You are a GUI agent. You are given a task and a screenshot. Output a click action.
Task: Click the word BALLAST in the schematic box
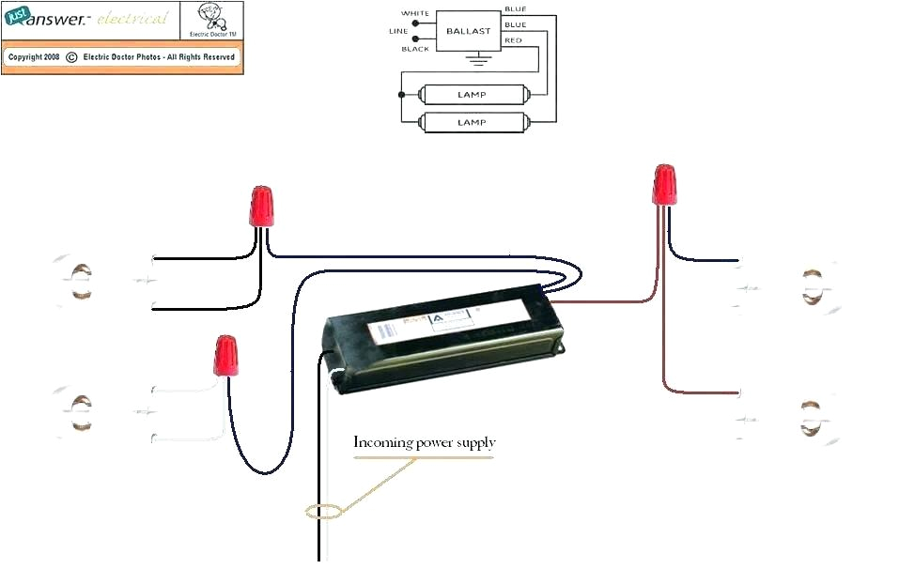pos(468,31)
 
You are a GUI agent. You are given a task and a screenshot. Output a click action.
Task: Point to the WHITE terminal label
pos(415,13)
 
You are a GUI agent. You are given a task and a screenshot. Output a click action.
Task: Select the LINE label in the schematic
pos(398,31)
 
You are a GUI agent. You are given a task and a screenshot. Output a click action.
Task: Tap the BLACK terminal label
pos(415,49)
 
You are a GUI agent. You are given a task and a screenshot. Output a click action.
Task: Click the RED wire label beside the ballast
pos(513,40)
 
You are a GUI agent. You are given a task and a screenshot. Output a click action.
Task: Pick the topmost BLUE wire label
pos(515,8)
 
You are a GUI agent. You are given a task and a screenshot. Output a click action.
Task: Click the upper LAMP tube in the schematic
pos(471,95)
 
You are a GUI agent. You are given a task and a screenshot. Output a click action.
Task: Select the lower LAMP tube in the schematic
pos(471,122)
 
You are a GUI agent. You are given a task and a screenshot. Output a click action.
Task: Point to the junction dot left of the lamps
pos(402,95)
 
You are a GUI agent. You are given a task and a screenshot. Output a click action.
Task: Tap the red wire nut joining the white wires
pos(225,355)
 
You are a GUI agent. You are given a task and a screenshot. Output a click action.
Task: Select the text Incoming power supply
pos(424,442)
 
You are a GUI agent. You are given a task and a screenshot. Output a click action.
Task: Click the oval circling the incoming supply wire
pos(323,512)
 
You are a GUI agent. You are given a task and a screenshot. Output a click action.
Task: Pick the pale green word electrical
pos(132,19)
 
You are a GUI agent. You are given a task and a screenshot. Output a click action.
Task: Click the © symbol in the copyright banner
pos(71,57)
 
